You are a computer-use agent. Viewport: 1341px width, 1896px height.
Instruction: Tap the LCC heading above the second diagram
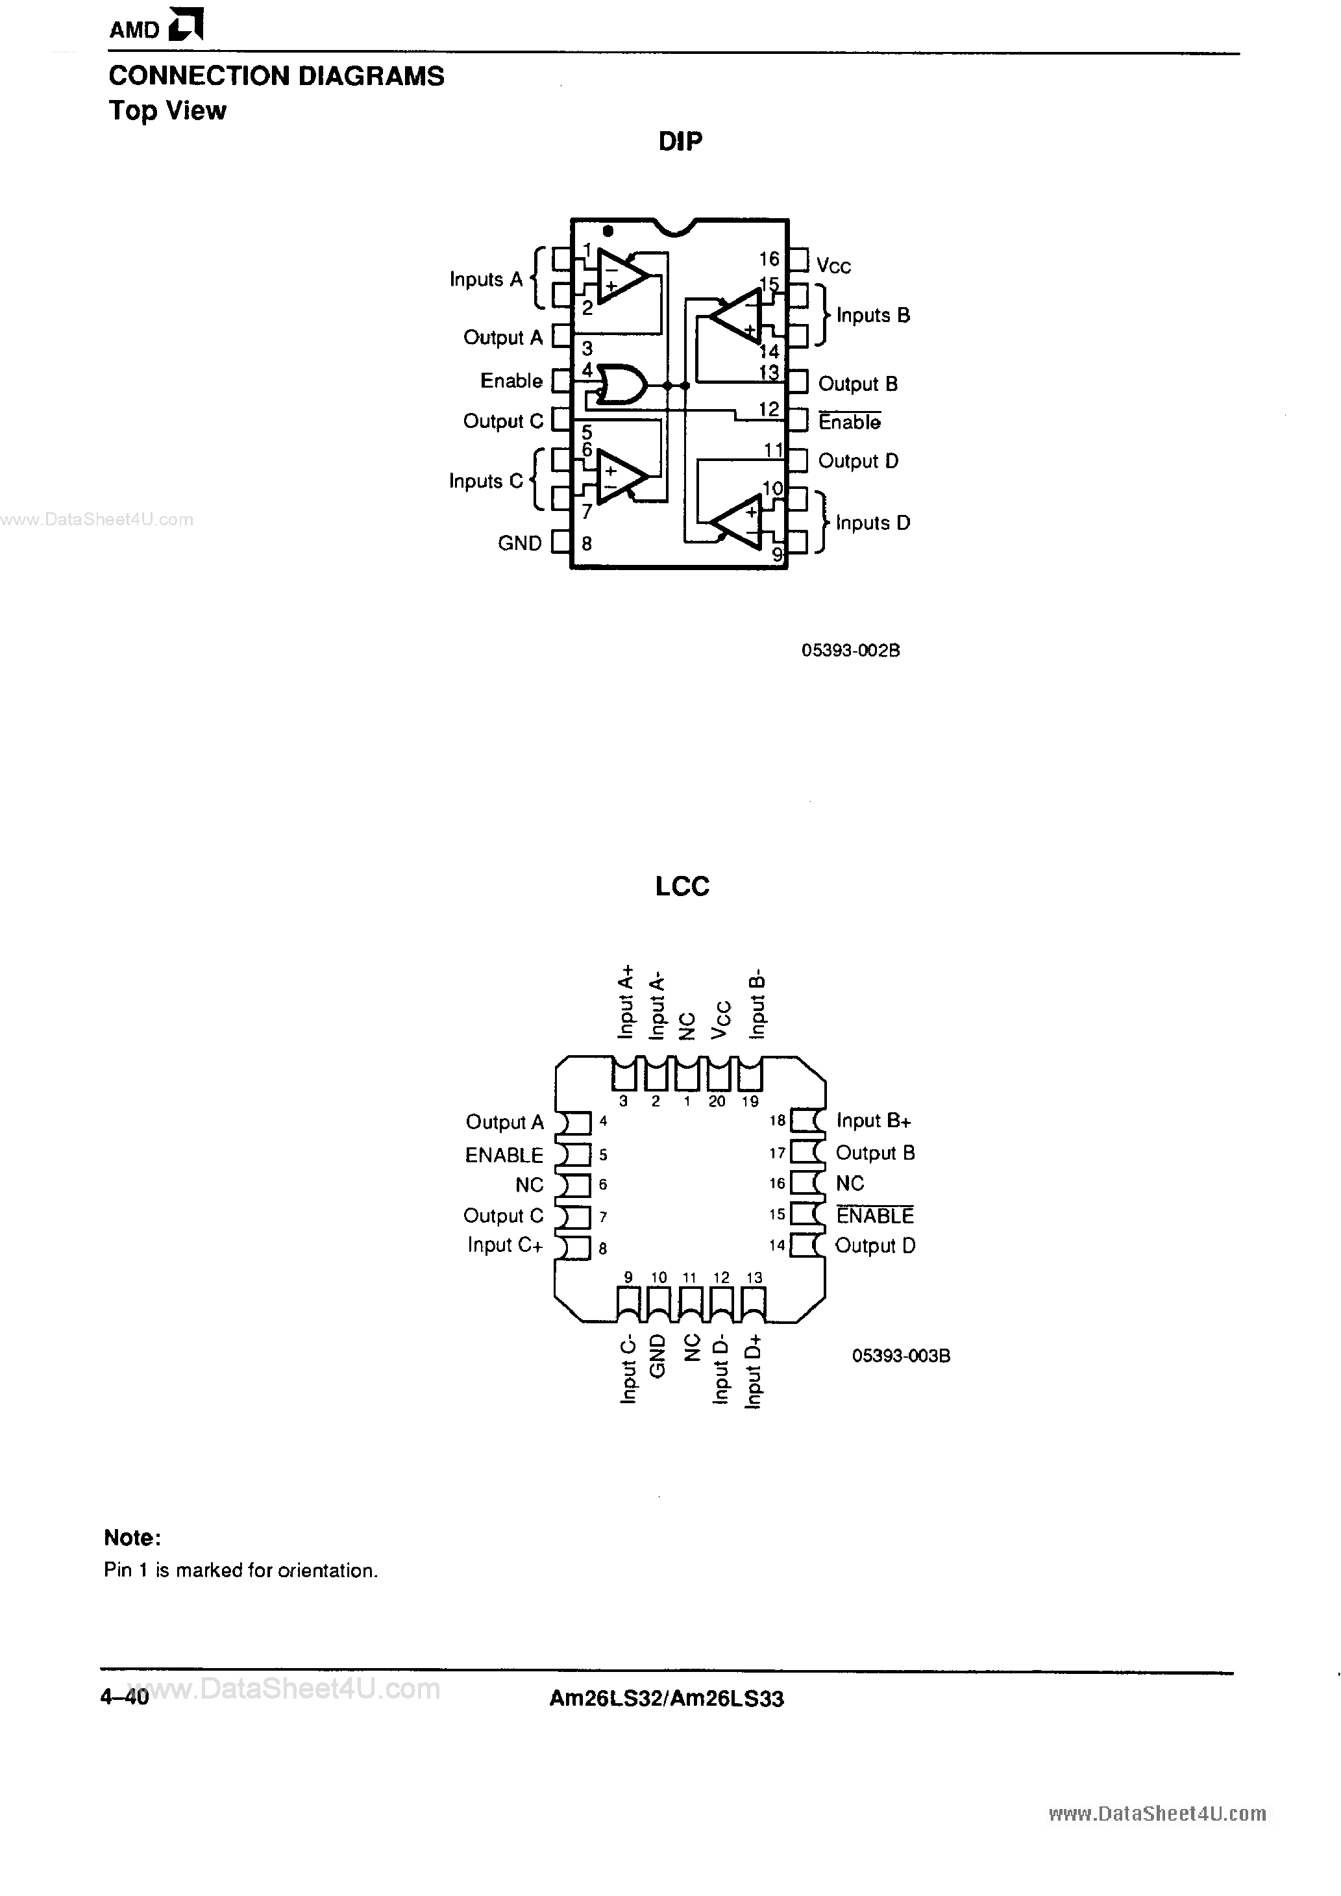(682, 886)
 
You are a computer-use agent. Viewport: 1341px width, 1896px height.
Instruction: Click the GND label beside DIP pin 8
(519, 543)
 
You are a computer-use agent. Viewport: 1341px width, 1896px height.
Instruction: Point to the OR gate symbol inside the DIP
(619, 385)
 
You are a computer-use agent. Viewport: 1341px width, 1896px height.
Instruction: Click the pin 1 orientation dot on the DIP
(608, 231)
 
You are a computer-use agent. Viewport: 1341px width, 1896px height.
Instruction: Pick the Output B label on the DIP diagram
(857, 384)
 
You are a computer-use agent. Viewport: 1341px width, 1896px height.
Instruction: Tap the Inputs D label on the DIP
(872, 523)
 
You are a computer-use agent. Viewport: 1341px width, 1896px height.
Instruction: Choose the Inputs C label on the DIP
(486, 480)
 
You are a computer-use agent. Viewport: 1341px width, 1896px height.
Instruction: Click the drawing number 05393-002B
(850, 651)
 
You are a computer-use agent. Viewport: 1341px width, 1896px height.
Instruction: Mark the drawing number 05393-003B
(901, 1356)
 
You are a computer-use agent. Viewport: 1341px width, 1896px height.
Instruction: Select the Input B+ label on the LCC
(873, 1121)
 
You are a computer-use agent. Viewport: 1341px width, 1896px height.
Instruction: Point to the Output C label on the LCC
(503, 1216)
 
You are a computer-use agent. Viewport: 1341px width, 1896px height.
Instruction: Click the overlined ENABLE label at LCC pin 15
(874, 1216)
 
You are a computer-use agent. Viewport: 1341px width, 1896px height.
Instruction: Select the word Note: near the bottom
(132, 1538)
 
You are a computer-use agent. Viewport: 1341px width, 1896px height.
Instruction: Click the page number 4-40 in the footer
(125, 1698)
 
